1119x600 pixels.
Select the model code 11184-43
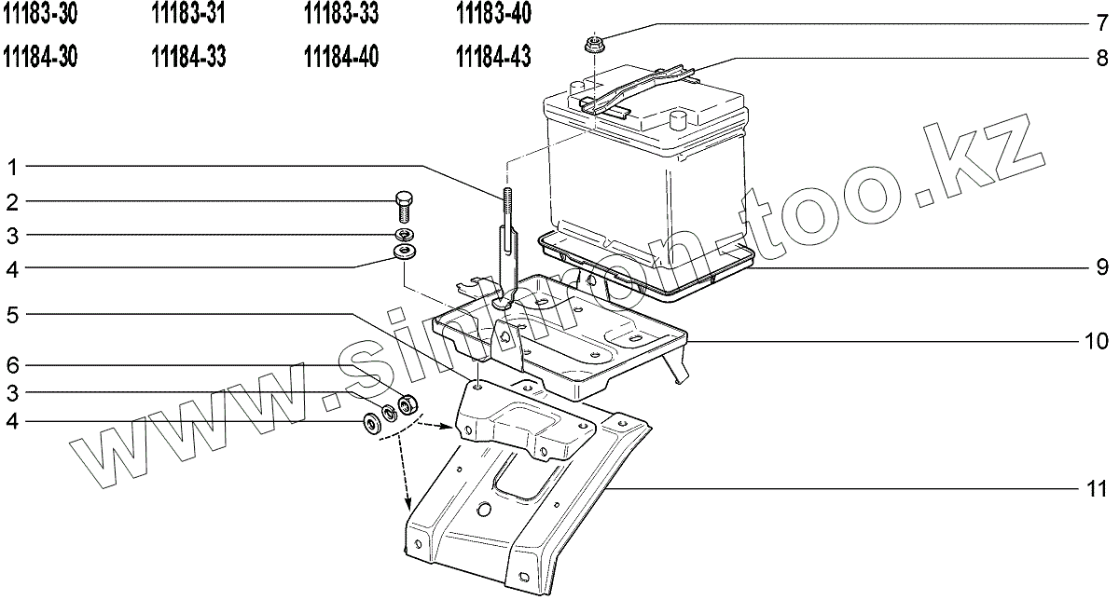(x=494, y=57)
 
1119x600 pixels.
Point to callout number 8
(x=1101, y=59)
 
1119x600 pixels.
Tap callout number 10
(x=1097, y=340)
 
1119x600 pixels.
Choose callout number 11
(x=1097, y=487)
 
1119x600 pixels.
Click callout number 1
(x=13, y=168)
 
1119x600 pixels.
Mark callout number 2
(x=13, y=201)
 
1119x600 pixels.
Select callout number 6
(x=13, y=364)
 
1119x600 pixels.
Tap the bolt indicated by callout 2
(x=404, y=203)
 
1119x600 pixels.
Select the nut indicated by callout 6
(x=407, y=405)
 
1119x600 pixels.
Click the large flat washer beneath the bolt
(x=404, y=252)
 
